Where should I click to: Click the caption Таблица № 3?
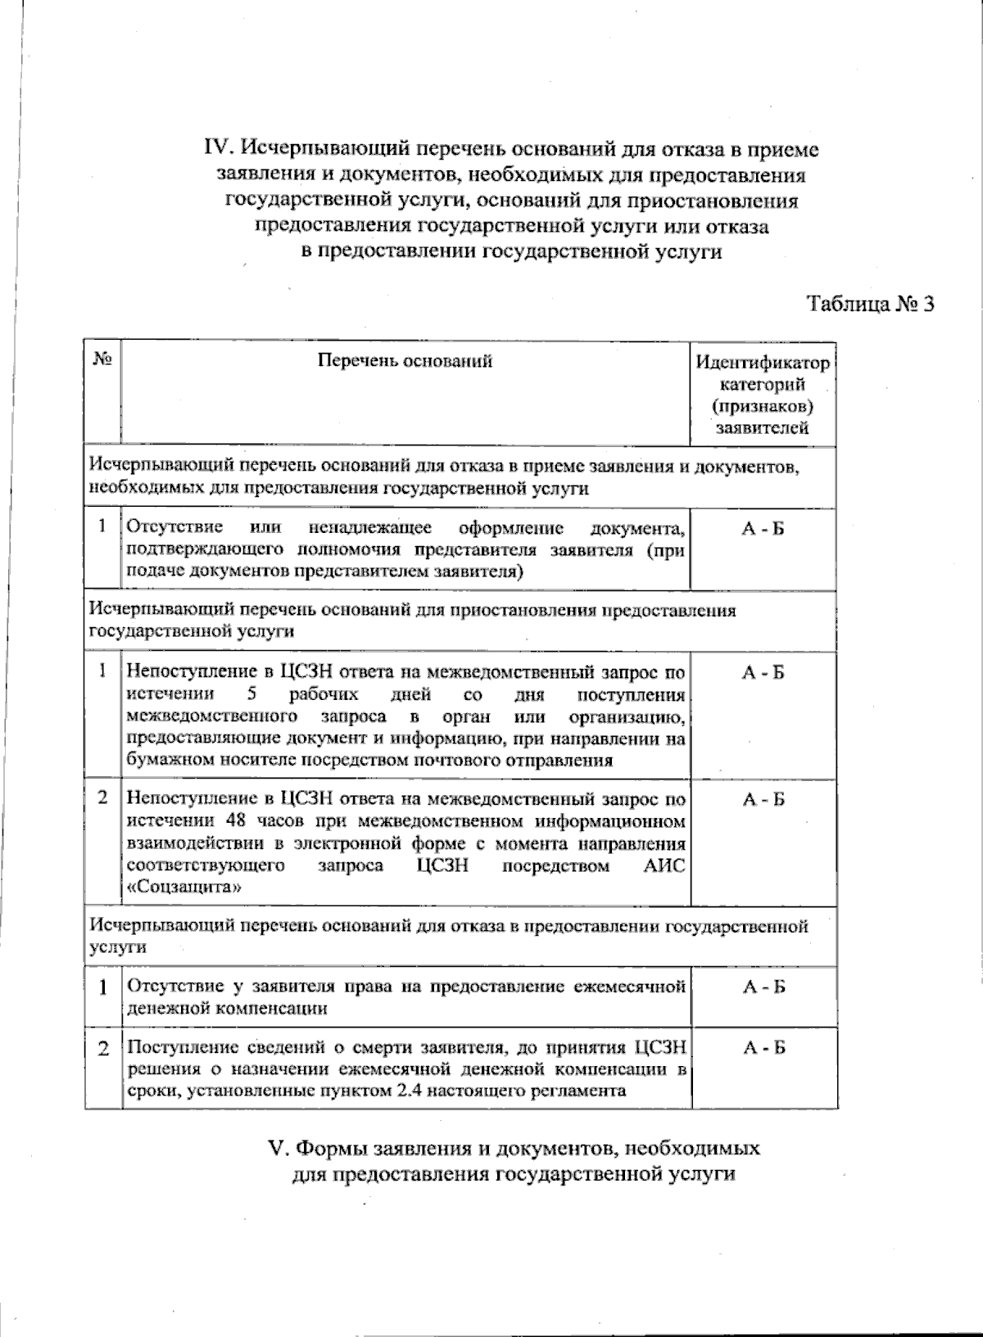[871, 304]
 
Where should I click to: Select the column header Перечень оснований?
[405, 360]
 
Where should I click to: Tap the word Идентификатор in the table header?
[763, 363]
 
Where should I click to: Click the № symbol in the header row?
[102, 359]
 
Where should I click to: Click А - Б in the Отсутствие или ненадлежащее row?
[763, 529]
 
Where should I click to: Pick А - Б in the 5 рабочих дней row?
[763, 673]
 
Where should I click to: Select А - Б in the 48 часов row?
[763, 800]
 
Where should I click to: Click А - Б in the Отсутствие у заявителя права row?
[763, 987]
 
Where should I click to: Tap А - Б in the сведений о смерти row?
[763, 1048]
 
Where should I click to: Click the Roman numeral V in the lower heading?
[275, 1148]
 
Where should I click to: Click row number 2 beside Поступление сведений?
[104, 1048]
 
